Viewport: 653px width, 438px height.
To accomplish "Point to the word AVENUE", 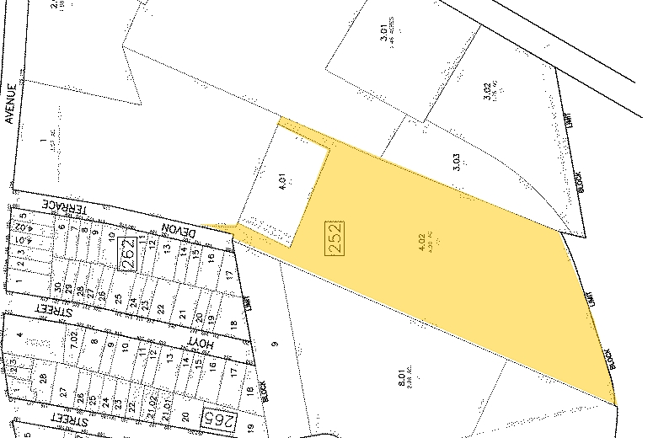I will pos(9,103).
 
